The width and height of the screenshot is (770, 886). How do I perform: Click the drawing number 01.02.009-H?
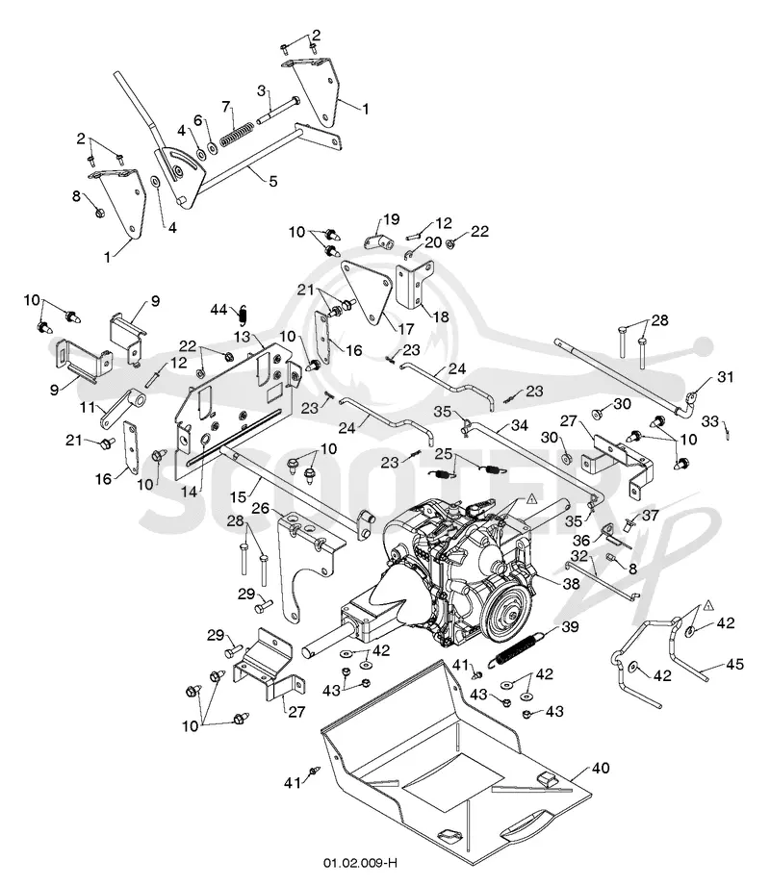click(x=360, y=864)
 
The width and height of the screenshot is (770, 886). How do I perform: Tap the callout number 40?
click(x=601, y=768)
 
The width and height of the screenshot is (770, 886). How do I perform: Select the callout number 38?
click(x=572, y=583)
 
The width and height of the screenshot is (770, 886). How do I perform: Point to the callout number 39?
click(x=571, y=626)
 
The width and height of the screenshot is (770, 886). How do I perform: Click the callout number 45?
click(x=735, y=665)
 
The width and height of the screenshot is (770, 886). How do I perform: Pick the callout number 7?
click(x=226, y=107)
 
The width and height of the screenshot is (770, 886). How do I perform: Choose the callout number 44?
click(x=218, y=310)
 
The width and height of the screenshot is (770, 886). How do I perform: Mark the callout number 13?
click(x=242, y=337)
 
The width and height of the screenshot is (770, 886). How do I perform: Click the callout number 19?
click(x=392, y=218)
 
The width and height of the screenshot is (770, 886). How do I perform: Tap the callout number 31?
click(x=726, y=376)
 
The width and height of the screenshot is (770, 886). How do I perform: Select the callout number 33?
click(x=710, y=421)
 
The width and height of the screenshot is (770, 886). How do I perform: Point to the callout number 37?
click(x=650, y=515)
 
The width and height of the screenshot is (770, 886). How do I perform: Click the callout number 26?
click(x=261, y=509)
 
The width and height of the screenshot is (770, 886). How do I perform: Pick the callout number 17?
click(x=406, y=329)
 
